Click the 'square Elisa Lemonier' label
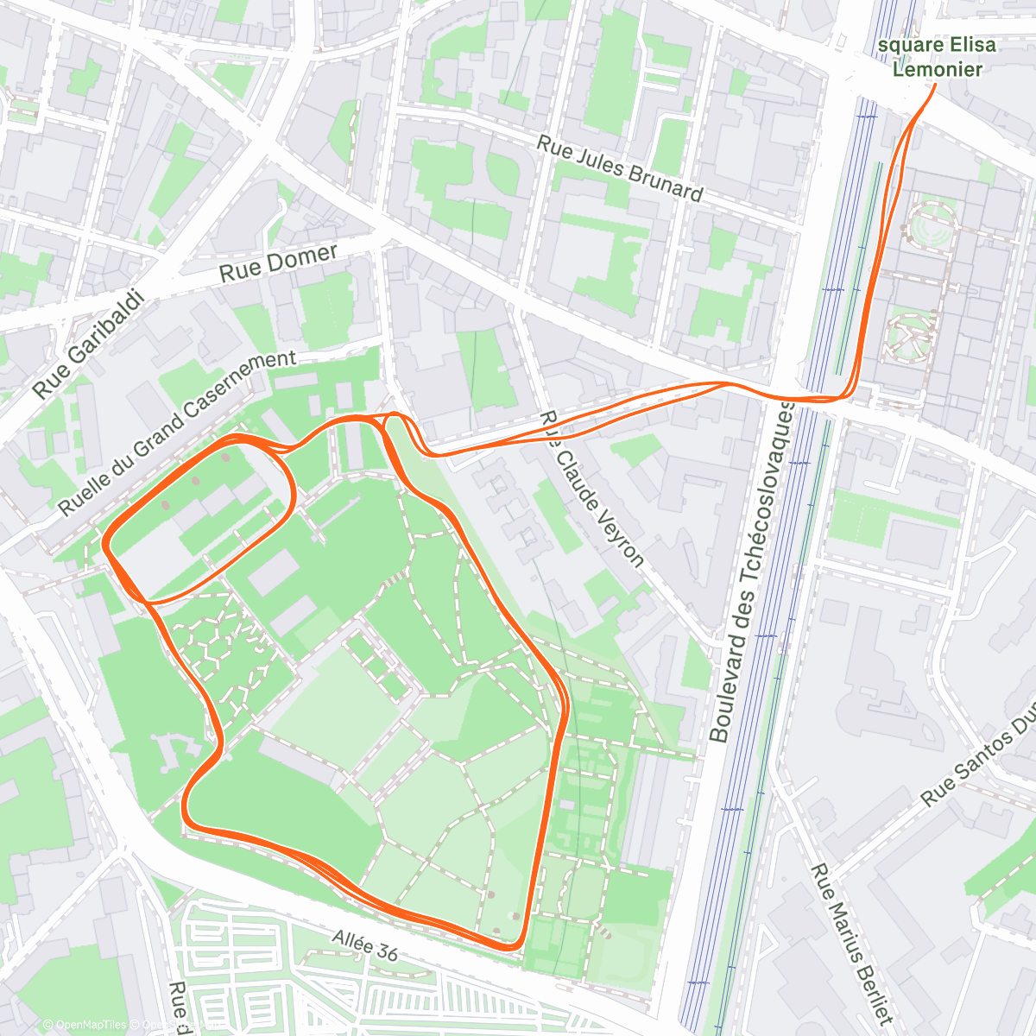[937, 57]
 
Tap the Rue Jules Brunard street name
[619, 168]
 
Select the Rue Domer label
[278, 262]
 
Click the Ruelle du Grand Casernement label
[177, 433]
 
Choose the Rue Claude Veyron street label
[592, 489]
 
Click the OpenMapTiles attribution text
[85, 1025]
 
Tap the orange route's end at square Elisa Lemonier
[936, 85]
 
